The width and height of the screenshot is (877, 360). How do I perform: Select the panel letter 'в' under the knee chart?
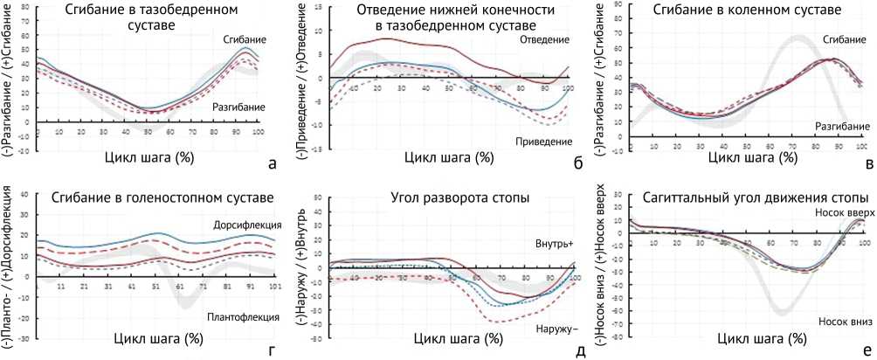[x=867, y=163]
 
